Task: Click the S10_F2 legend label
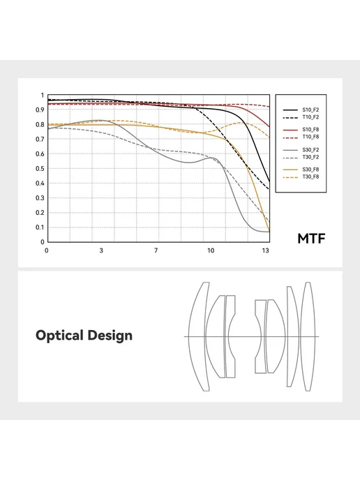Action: (310, 110)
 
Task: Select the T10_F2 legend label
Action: (310, 117)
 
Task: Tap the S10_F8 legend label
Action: (310, 130)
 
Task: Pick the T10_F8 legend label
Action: (310, 137)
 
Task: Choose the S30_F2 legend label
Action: (310, 150)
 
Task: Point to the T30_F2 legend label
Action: (310, 157)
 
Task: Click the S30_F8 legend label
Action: (310, 170)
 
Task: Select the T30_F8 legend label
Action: (310, 177)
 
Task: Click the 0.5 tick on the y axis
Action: (40, 169)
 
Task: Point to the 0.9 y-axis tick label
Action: (40, 110)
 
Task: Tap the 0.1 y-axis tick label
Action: (40, 227)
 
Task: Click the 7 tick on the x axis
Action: (156, 250)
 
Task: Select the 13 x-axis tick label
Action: (265, 250)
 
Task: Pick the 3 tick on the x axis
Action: (101, 250)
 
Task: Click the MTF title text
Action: (311, 239)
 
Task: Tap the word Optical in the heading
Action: (60, 336)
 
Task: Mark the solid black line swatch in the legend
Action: (290, 110)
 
